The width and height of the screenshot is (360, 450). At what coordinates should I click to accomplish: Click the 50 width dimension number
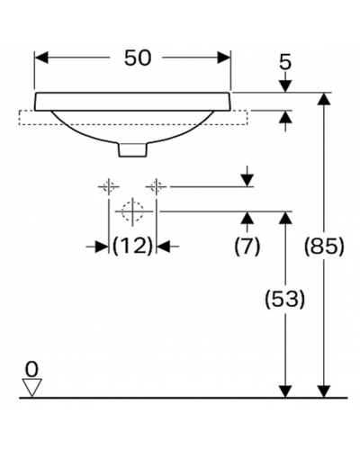coord(138,58)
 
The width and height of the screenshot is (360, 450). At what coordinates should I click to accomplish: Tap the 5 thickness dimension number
coord(285,63)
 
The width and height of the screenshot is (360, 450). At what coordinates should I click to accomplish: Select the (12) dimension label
coord(132,247)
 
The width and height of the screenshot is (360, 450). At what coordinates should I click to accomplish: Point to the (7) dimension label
coord(247,247)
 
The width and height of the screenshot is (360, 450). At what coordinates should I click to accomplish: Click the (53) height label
coord(285,300)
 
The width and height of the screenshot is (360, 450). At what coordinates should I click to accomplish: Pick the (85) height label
coord(324,247)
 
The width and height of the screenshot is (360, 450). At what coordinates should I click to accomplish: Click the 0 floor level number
coord(31,369)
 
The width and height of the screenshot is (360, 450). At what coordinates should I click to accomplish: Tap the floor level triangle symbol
coord(32,388)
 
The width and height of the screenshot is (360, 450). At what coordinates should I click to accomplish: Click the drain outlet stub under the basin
coord(133,149)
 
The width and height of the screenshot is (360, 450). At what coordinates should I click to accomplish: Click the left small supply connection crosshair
coord(109,187)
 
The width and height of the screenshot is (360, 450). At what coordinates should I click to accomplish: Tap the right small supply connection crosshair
coord(156,187)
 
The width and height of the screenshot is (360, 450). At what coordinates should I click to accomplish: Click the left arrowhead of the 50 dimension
coord(41,58)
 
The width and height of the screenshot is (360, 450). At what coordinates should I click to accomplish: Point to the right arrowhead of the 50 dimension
coord(224,58)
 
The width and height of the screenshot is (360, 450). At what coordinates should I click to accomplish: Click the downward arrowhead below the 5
coord(285,86)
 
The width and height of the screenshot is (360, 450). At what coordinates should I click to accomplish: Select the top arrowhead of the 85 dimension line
coord(324,99)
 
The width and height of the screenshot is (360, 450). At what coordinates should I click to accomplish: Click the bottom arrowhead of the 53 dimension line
coord(285,391)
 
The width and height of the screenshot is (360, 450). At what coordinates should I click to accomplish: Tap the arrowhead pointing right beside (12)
coord(102,247)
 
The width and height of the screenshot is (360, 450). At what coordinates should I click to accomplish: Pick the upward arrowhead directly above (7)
coord(247,218)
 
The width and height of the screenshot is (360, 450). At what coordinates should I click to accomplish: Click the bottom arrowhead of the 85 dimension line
coord(324,391)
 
